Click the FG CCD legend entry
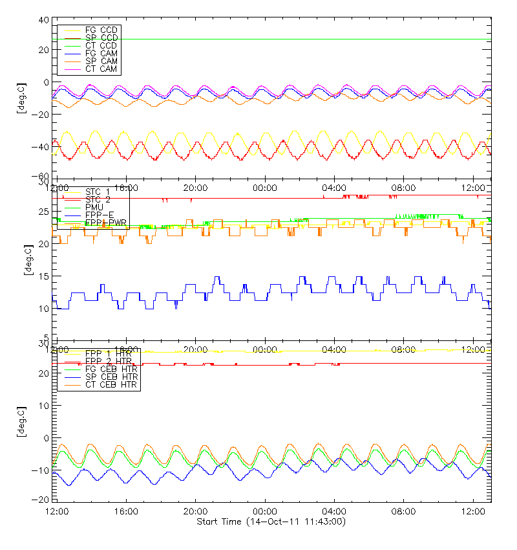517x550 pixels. pyautogui.click(x=101, y=30)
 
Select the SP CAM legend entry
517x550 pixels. pyautogui.click(x=101, y=61)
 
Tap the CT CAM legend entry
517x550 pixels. pyautogui.click(x=101, y=69)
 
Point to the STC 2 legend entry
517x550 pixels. pyautogui.click(x=98, y=199)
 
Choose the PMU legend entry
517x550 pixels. pyautogui.click(x=94, y=207)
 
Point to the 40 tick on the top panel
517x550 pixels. pyautogui.click(x=45, y=20)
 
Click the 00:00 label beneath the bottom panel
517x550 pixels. pyautogui.click(x=265, y=511)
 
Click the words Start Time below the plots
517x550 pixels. pyautogui.click(x=220, y=522)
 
